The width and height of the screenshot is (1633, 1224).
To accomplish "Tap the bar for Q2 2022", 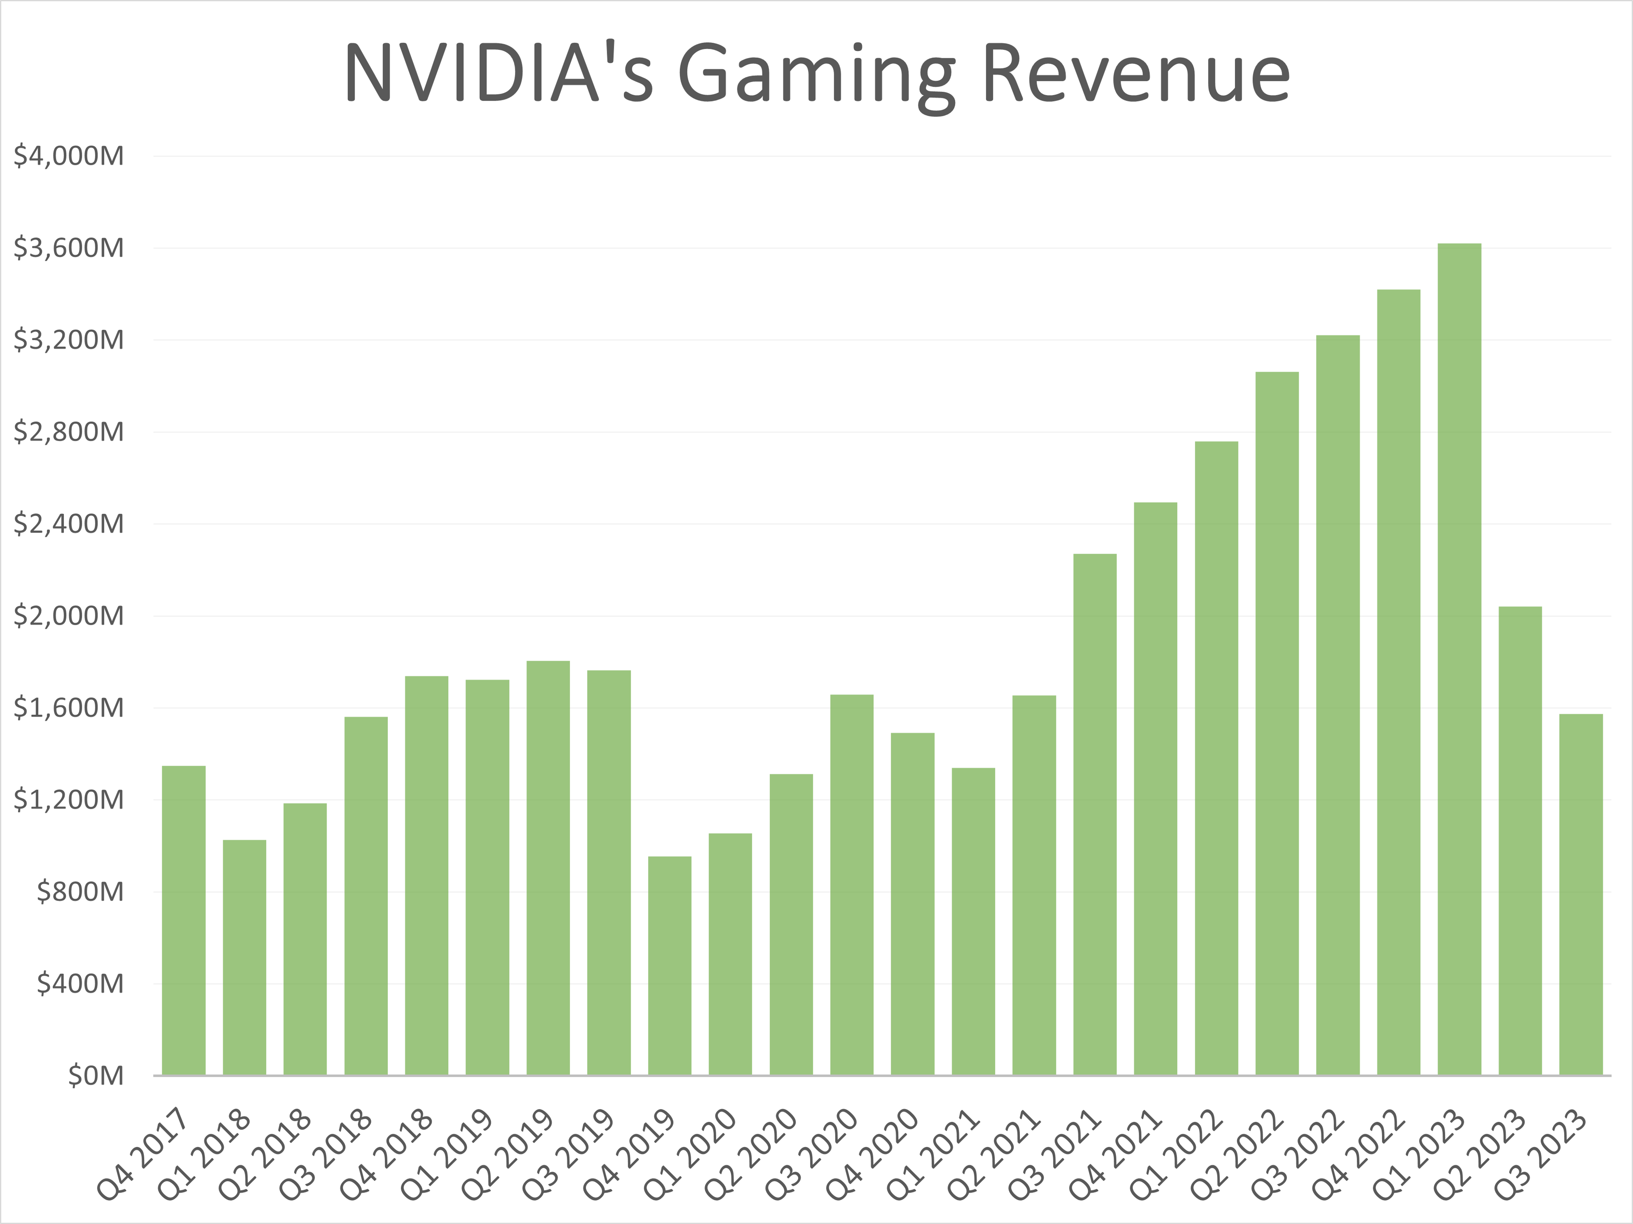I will point(1277,723).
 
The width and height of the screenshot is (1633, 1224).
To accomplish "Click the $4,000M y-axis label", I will point(68,156).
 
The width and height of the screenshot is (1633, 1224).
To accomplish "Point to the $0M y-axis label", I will point(96,1076).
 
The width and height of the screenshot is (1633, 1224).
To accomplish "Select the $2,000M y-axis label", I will point(68,615).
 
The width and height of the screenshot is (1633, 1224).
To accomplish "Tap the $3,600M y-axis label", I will point(68,248).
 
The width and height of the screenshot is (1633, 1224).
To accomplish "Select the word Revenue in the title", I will point(1136,74).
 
